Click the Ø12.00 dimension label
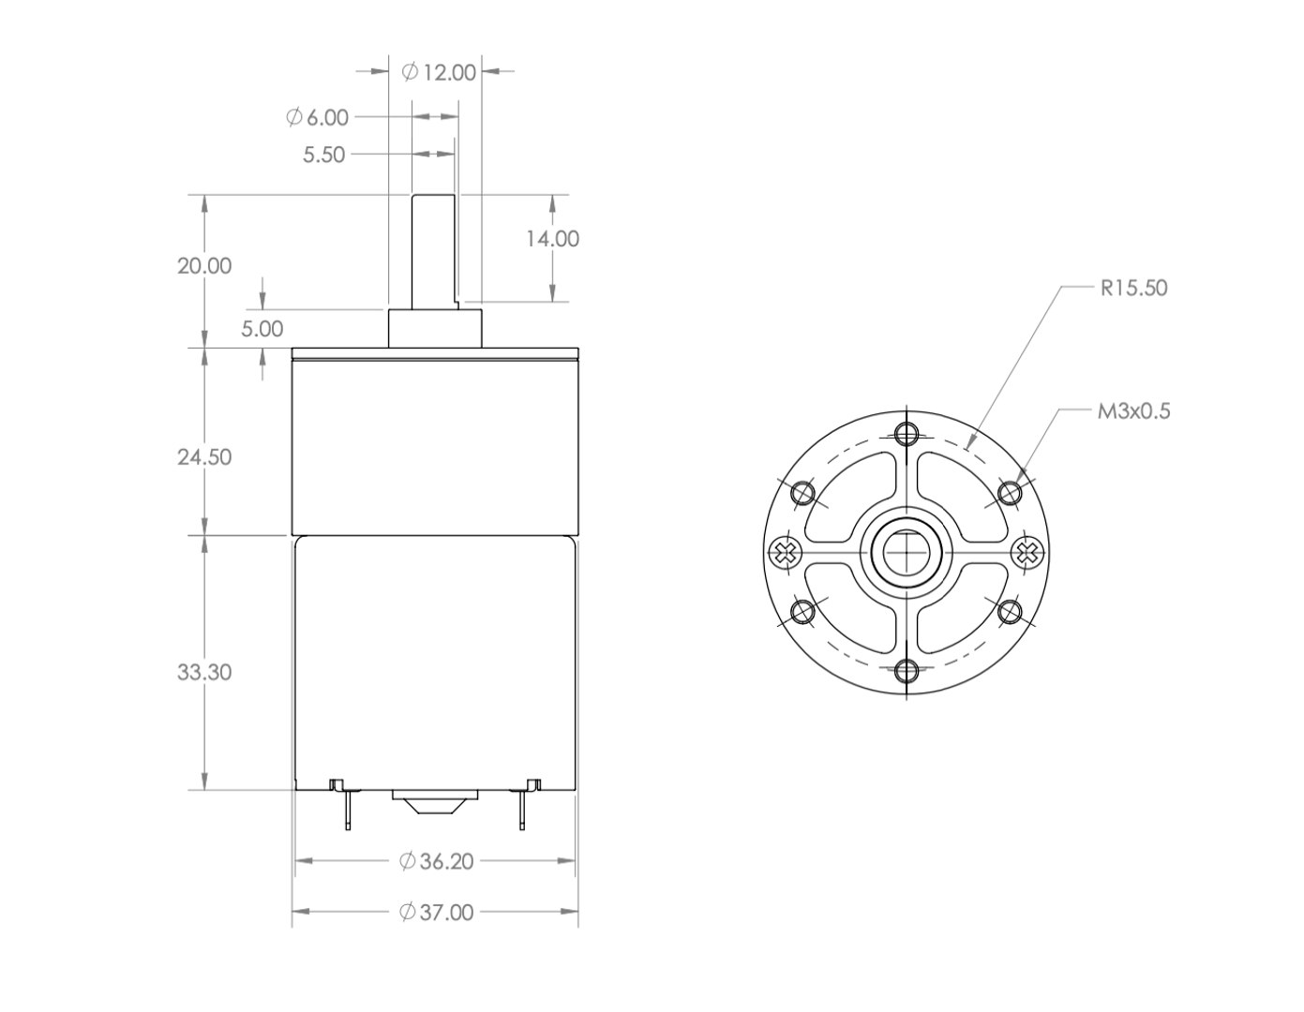[439, 72]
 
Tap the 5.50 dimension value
[323, 155]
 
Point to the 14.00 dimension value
[551, 239]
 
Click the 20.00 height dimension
[204, 266]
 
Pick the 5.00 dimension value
[262, 329]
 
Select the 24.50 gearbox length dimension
[204, 457]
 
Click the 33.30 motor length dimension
[204, 672]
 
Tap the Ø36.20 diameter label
[436, 861]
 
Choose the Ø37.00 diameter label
[436, 912]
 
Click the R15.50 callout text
[1133, 288]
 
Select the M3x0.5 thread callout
[1133, 410]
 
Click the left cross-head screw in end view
[785, 553]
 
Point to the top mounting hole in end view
[907, 433]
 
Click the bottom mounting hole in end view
[907, 670]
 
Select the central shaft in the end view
[907, 553]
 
